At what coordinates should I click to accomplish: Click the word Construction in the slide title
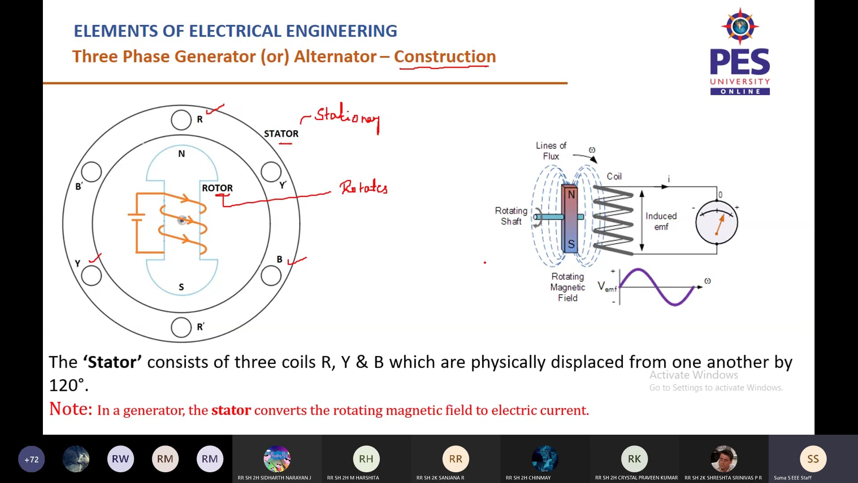pos(445,56)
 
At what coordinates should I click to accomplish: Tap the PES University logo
pos(740,51)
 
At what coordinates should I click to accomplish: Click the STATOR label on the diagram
pos(281,134)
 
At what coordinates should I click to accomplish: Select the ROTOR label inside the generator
pos(217,188)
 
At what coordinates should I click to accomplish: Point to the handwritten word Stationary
pos(347,116)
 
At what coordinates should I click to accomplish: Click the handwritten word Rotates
pos(363,187)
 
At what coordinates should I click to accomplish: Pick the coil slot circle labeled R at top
pos(181,120)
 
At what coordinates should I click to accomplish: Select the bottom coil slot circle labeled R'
pos(181,327)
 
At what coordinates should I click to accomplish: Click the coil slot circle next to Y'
pos(271,172)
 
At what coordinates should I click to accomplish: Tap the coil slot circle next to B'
pos(92,172)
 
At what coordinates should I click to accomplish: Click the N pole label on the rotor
pos(181,154)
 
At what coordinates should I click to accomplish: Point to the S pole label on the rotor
pos(181,287)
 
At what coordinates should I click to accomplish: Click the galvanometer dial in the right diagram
pos(716,222)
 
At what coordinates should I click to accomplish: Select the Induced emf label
pos(661,221)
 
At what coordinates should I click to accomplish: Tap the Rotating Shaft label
pos(511,216)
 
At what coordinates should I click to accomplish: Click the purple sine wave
pos(657,287)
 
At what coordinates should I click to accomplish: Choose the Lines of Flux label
pos(551,151)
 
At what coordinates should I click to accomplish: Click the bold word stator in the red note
pos(231,410)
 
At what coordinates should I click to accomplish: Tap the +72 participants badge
pos(31,459)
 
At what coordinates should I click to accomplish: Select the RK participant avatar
pos(634,459)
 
